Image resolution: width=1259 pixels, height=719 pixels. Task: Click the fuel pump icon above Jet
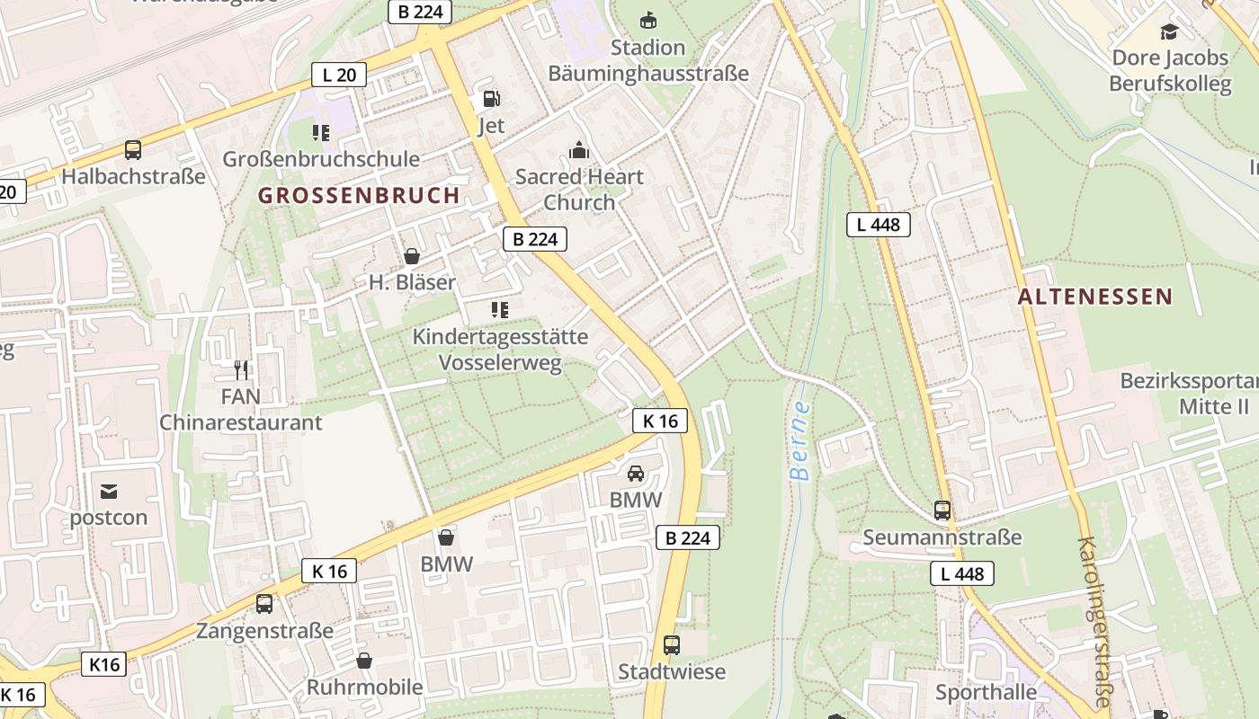click(491, 99)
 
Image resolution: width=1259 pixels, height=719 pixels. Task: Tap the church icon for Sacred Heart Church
click(579, 149)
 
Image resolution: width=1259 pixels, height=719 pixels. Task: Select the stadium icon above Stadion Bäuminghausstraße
click(647, 20)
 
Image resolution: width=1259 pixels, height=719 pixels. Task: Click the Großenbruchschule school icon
click(321, 133)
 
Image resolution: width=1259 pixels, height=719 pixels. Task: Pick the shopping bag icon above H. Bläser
click(412, 256)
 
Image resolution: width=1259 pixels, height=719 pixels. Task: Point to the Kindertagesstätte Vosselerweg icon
click(500, 310)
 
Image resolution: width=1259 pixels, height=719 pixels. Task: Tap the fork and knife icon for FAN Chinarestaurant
click(240, 369)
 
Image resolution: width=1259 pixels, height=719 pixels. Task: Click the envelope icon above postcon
click(109, 491)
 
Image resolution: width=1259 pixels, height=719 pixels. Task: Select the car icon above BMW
click(635, 473)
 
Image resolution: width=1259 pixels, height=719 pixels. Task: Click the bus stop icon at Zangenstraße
click(264, 604)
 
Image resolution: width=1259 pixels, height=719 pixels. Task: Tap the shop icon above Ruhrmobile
click(364, 661)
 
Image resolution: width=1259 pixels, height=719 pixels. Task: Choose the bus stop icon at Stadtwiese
click(672, 644)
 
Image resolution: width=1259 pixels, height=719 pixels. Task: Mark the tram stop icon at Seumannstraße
click(942, 510)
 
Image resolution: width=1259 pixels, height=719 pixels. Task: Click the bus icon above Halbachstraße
click(133, 150)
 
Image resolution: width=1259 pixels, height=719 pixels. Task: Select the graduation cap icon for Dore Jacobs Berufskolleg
click(1169, 31)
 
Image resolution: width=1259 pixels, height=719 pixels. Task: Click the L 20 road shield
click(339, 75)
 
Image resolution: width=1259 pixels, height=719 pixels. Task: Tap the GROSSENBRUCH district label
click(359, 195)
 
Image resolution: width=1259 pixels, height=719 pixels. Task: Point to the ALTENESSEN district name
click(1095, 297)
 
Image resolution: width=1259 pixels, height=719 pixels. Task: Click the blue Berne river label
click(799, 440)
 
